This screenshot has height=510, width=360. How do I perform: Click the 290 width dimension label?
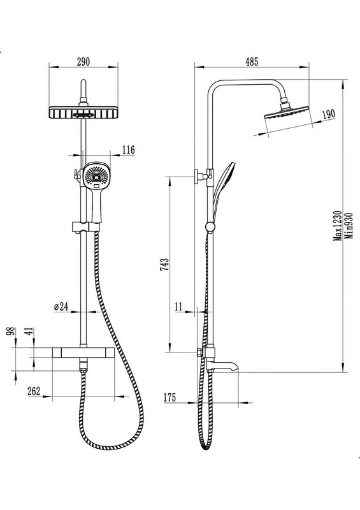click(x=83, y=62)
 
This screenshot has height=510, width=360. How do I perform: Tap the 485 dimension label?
click(x=252, y=62)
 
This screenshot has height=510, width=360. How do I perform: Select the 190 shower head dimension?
click(x=328, y=115)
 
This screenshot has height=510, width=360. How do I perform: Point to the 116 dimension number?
click(x=128, y=150)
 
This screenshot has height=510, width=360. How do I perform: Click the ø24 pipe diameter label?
click(x=61, y=307)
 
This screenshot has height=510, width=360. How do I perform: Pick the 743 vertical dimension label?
click(x=164, y=265)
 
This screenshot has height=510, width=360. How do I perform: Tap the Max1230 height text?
click(x=338, y=226)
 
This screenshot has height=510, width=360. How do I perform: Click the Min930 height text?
click(x=349, y=226)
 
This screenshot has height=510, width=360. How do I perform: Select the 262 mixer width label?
click(x=34, y=391)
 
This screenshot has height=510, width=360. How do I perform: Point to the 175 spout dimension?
click(x=169, y=397)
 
